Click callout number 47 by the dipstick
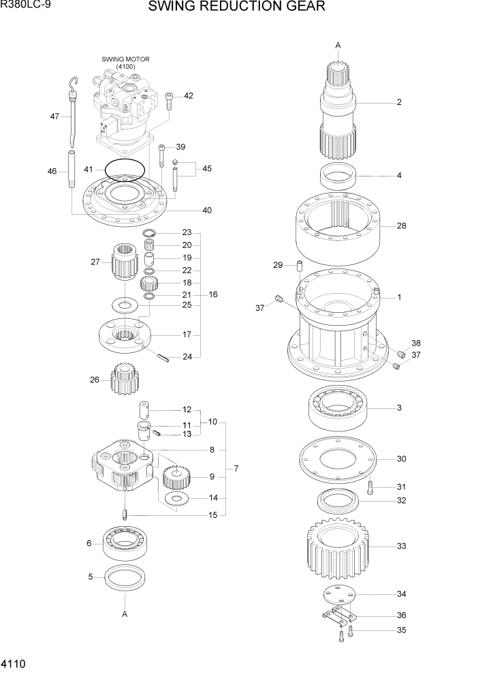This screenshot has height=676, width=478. click(x=55, y=116)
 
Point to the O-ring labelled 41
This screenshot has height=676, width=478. click(x=125, y=170)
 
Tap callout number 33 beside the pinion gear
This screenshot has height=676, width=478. click(x=401, y=546)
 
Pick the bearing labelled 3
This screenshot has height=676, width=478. click(x=338, y=408)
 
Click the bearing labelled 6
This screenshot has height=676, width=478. click(x=127, y=544)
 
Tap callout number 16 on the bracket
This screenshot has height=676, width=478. click(x=213, y=294)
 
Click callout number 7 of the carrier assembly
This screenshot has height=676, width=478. click(x=236, y=468)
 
